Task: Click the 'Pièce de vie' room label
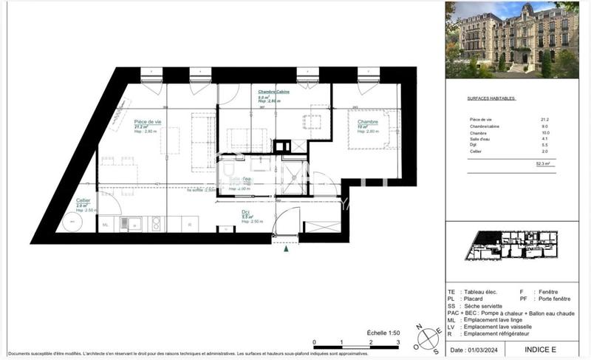(x=148, y=121)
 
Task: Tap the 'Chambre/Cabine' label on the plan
(x=273, y=91)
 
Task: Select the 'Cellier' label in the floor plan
(x=83, y=200)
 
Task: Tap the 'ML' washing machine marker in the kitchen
(x=105, y=225)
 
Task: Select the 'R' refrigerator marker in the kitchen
(x=191, y=225)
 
